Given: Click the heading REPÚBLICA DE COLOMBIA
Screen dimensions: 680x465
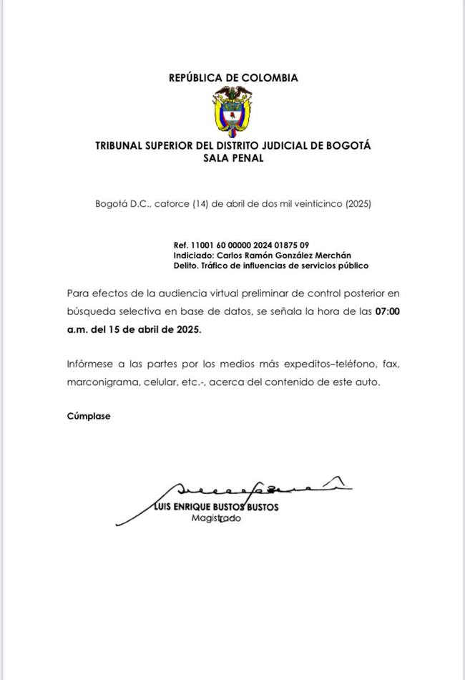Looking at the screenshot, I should [x=233, y=78].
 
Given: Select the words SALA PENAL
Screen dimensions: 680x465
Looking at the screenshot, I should [x=233, y=158].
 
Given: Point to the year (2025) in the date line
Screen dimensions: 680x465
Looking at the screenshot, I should [x=358, y=203].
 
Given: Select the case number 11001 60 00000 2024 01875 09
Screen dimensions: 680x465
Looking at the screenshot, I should [x=250, y=245].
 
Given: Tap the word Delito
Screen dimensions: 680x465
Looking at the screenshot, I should [x=186, y=266].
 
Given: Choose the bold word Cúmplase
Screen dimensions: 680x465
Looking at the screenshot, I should [x=89, y=416].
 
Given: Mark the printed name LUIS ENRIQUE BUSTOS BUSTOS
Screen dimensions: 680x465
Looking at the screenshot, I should [x=217, y=507].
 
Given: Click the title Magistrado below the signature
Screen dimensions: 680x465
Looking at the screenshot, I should [x=216, y=518].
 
